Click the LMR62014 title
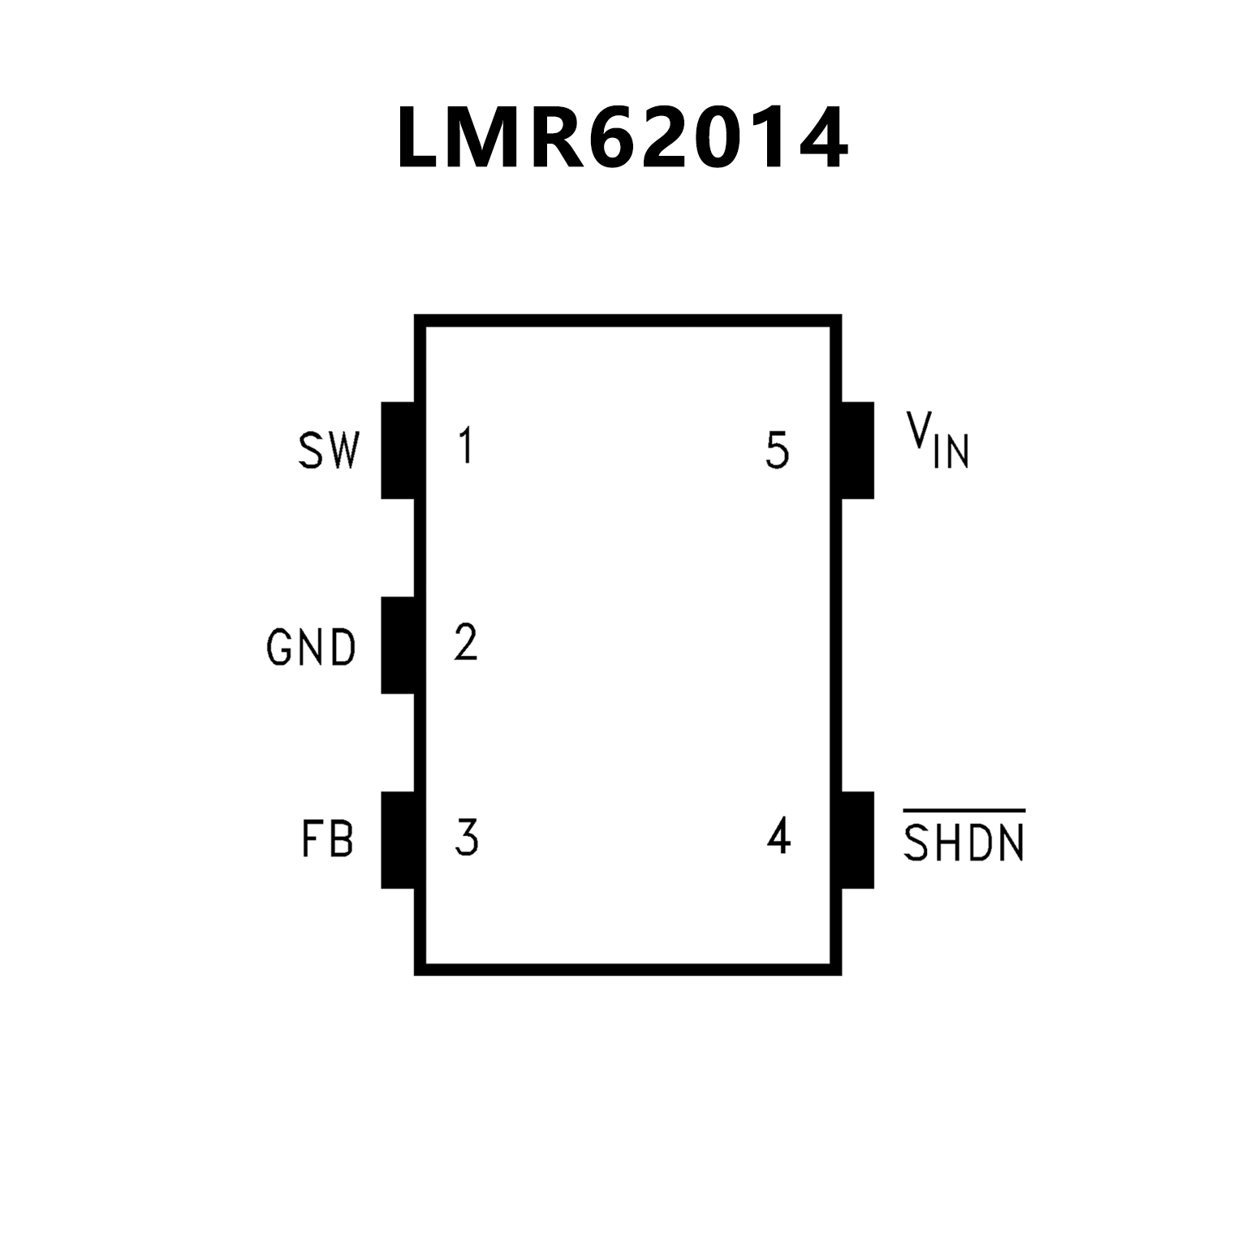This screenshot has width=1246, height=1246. pos(623,139)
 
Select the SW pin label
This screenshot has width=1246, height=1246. pos(328,451)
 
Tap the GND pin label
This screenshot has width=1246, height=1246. pos(312,647)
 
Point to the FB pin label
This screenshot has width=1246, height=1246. pos(328,839)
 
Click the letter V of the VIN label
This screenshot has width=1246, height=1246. pos(919,430)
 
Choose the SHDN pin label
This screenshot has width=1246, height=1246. pos(964,843)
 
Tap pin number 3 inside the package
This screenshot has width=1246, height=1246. pos(467,838)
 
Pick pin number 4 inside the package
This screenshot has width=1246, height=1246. pos(778,836)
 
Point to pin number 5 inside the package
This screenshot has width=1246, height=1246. pos(777,451)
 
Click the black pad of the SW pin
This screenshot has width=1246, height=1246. pos(398,450)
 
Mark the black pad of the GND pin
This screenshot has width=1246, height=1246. pos(398,645)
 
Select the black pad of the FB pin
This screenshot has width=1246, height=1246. pos(398,839)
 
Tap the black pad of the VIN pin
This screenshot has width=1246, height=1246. pos(857,450)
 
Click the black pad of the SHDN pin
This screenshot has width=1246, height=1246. pos(857,839)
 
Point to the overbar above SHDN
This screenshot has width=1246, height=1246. pos(964,811)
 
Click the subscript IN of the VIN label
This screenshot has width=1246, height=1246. pos(951,452)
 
